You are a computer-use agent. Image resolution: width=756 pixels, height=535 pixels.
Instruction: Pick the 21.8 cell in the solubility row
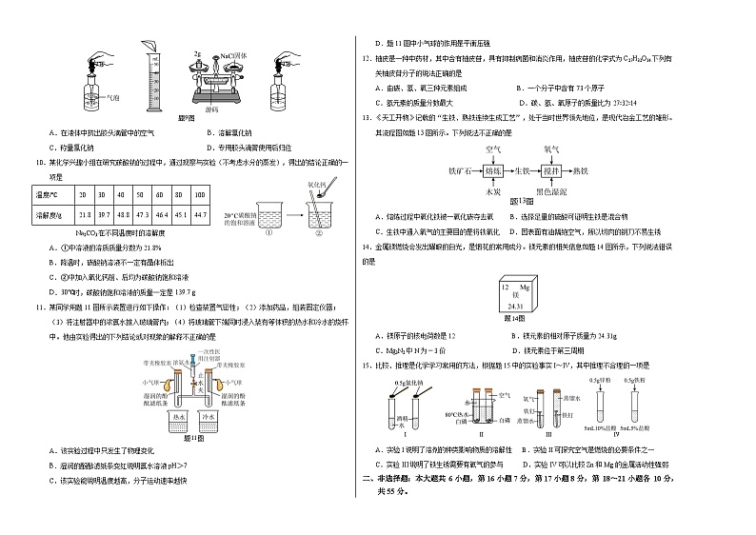(x=86, y=216)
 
